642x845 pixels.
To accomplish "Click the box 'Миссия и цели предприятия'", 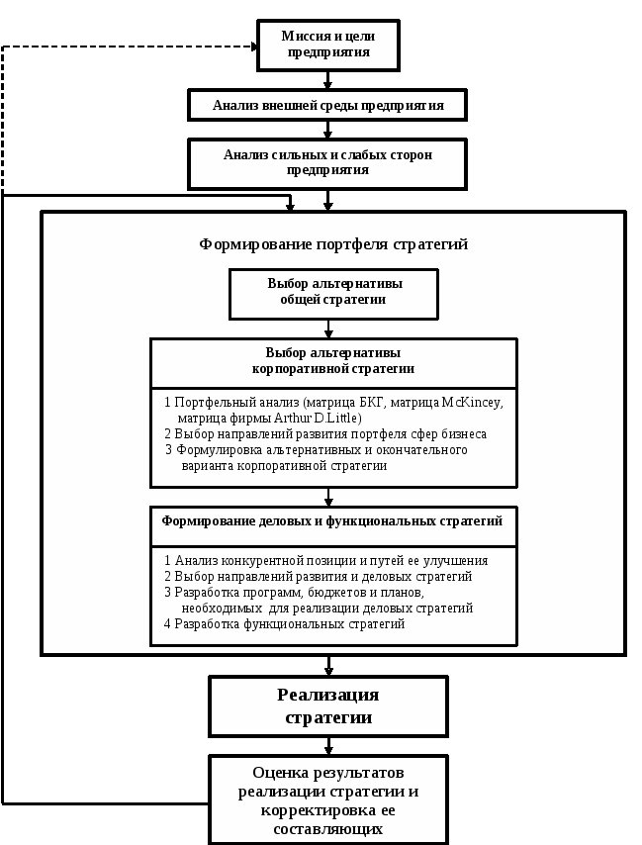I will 327,45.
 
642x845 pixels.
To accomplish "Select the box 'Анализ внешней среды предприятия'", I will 327,105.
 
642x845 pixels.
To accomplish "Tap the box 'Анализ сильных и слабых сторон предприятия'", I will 327,162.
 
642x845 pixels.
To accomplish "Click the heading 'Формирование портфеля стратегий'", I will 333,244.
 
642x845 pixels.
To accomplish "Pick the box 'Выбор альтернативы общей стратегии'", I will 333,292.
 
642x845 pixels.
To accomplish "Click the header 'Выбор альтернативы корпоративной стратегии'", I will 333,361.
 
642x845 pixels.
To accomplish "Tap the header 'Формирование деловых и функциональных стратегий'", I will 332,520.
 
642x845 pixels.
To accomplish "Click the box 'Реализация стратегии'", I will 328,706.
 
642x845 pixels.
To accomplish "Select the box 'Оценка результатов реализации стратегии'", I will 328,800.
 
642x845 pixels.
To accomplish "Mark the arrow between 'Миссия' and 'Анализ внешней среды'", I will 327,81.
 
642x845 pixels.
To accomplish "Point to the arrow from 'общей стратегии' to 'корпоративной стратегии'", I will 328,329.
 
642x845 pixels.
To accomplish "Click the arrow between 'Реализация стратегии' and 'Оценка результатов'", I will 328,746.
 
